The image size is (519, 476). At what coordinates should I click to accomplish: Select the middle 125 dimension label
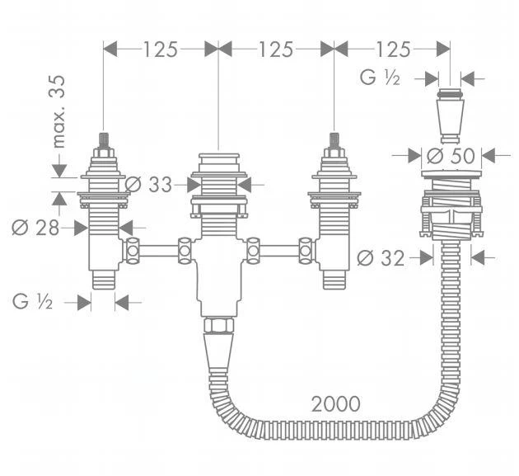coord(275,49)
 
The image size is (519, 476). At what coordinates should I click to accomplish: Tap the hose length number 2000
coord(335,403)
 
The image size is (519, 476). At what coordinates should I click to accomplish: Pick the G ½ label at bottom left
coord(34,302)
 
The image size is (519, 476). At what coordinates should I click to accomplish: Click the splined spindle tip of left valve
coord(103,139)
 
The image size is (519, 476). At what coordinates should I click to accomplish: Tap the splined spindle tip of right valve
coord(334,139)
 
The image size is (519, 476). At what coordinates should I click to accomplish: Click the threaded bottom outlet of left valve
coord(103,279)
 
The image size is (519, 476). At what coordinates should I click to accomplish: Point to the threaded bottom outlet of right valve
coord(334,279)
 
